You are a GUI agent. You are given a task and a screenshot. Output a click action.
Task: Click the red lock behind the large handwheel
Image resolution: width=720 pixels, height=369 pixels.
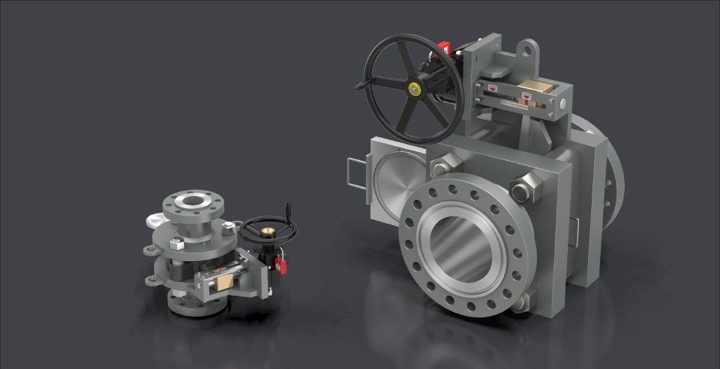click(443, 50)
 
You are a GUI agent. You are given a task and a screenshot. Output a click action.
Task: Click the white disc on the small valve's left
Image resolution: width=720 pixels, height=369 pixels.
click(156, 219)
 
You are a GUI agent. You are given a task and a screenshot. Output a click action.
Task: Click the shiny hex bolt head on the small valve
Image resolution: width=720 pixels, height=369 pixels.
click(176, 243)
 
